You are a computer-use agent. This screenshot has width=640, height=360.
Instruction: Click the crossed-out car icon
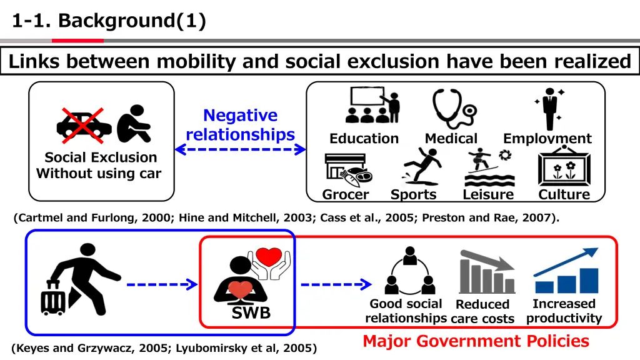pyautogui.click(x=84, y=123)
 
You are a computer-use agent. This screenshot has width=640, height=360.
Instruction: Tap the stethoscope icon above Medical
pyautogui.click(x=453, y=108)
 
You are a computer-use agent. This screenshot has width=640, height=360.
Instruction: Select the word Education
pyautogui.click(x=364, y=139)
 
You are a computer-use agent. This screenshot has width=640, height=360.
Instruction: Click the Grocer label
pyautogui.click(x=346, y=194)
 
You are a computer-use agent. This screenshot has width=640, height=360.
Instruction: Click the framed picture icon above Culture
pyautogui.click(x=564, y=166)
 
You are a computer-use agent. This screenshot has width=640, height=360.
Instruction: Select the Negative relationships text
pyautogui.click(x=241, y=125)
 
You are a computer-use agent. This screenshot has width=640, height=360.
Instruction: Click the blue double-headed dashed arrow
pyautogui.click(x=241, y=149)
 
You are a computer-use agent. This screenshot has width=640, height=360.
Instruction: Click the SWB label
pyautogui.click(x=251, y=313)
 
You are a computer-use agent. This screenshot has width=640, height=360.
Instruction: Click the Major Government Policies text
pyautogui.click(x=476, y=341)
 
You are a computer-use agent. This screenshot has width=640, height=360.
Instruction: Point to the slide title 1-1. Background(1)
pyautogui.click(x=109, y=21)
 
